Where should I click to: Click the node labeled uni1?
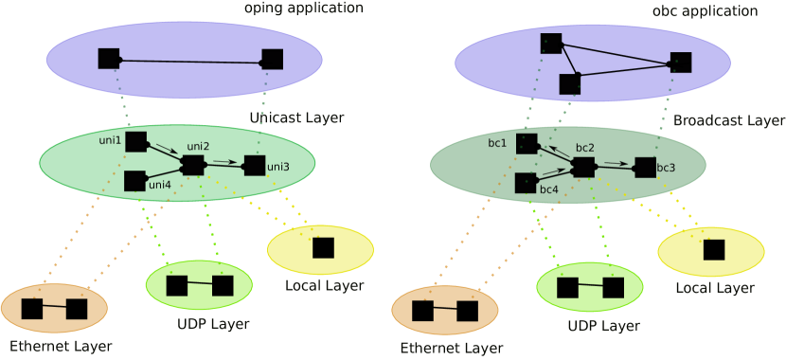(135, 142)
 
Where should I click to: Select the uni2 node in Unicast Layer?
(192, 165)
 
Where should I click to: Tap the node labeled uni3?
(254, 166)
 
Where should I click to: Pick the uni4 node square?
(135, 180)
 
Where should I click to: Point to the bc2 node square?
(583, 167)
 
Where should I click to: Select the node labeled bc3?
(645, 168)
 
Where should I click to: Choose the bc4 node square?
(526, 183)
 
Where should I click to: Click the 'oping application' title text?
(303, 8)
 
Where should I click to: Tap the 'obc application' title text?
(706, 11)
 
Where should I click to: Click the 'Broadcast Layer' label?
(728, 121)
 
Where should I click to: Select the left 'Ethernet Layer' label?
(62, 347)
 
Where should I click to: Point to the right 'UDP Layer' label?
(602, 326)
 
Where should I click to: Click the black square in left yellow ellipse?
(323, 247)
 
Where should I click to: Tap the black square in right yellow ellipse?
(713, 250)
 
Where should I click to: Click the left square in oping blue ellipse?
(109, 59)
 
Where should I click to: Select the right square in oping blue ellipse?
(272, 60)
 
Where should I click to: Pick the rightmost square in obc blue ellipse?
(681, 63)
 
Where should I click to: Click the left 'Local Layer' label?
(324, 285)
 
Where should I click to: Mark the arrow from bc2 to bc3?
(615, 164)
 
